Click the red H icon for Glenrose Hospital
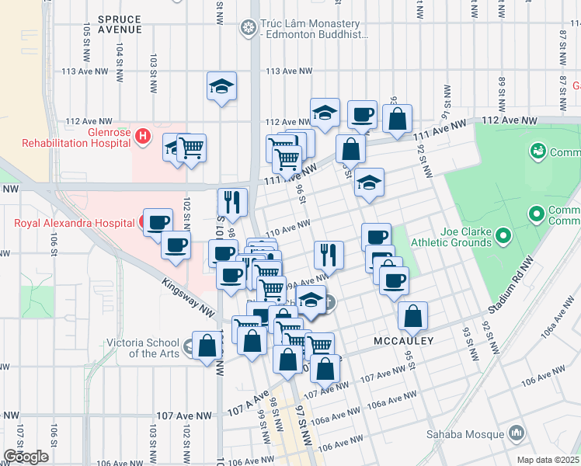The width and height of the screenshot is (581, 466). (142, 137)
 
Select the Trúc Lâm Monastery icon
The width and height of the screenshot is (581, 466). (249, 29)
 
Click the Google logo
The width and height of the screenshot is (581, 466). (26, 456)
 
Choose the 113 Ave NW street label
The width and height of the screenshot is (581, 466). (289, 71)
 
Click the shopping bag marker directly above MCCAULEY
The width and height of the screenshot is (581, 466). (412, 315)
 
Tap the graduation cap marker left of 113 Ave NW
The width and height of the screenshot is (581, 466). (221, 86)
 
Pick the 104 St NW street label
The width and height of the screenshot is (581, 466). (120, 56)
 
